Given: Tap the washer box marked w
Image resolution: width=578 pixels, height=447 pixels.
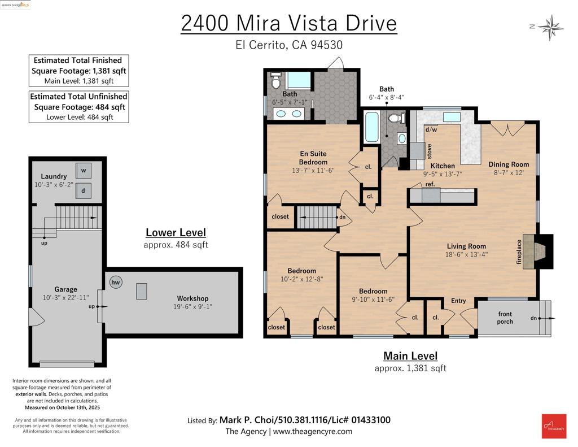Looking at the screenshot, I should pos(84,170).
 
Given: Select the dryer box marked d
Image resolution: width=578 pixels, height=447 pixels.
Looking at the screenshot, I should pos(84,190).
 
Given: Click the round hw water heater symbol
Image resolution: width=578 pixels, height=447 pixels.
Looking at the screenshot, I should pos(116,283).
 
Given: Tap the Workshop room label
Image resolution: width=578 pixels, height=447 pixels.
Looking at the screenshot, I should pos(192,298).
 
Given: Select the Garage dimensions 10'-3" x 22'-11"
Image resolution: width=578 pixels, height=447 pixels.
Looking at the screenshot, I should pos(66,297).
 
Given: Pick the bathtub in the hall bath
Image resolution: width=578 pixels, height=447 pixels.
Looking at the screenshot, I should pos(372,127).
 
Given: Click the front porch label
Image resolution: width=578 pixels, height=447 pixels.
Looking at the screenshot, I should pos(505,318).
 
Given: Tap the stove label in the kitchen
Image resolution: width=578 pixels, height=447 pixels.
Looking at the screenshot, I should pos(430,151).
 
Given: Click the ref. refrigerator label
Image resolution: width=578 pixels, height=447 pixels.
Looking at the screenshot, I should pos(430,184).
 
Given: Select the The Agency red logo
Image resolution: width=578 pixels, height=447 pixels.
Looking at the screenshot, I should pos(553,426).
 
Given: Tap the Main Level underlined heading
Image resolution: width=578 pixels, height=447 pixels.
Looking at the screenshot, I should pos(410,356).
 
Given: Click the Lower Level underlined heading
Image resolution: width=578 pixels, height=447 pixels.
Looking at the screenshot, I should pos(176,232).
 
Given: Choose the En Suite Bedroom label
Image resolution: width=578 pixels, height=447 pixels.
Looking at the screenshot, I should pos(313,158).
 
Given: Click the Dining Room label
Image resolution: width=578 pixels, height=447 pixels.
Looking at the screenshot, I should pos(509,164).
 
